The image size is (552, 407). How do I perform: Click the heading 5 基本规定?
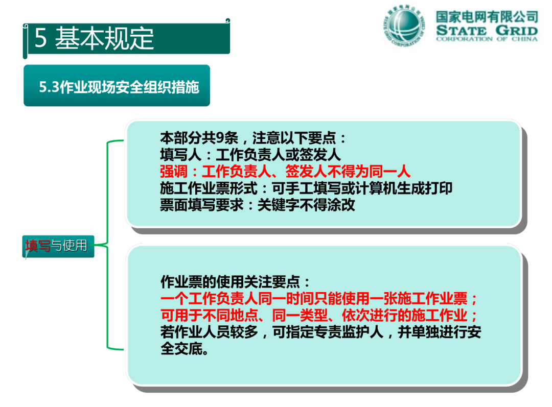coord(94,38)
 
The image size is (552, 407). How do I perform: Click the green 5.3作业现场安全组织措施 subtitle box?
coord(117,85)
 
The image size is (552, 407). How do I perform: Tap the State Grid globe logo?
coord(404,26)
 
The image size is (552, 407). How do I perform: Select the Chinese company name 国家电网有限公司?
coord(487,17)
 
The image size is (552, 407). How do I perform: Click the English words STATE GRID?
coord(487,30)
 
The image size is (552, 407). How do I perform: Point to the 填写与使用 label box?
coord(58,246)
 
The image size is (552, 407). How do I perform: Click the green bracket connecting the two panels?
coord(107,245)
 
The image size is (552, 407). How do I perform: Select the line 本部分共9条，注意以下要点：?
coord(253,138)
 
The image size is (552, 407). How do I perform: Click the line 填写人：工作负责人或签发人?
coord(250,155)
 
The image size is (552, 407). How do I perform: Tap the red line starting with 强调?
coord(285,172)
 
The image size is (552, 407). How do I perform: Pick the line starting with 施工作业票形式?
coord(306,188)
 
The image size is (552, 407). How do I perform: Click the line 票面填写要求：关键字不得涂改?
coord(257,205)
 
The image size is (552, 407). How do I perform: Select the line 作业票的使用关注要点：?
coord(235,282)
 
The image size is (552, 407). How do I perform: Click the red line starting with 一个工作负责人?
coord(319,299)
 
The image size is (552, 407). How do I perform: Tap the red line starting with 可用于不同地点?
coord(319,316)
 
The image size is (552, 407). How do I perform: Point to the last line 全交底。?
coord(185,349)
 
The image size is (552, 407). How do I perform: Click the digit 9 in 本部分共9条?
coord(220,138)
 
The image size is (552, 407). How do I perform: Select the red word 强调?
coord(174,172)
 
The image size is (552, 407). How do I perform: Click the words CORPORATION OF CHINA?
coord(487,39)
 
